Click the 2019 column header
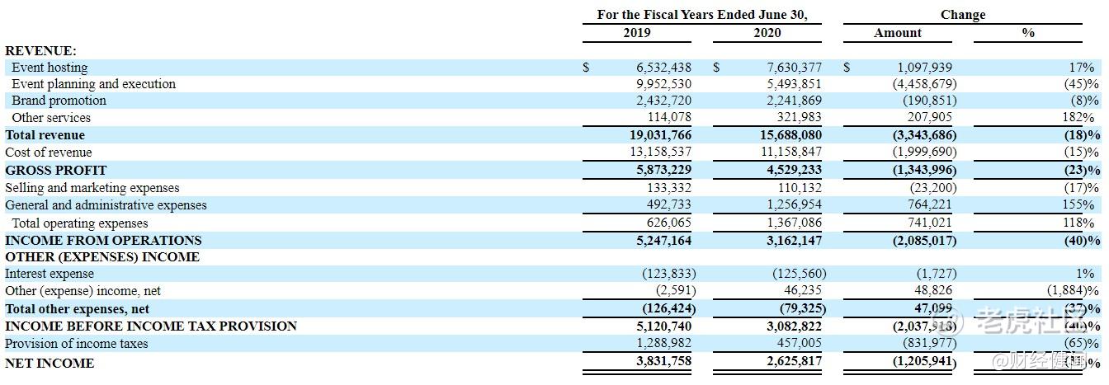pos(636,33)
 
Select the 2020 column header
pos(767,33)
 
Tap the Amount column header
pos(898,33)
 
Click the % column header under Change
pos(1028,33)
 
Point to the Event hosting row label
pos(50,68)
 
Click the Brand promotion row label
pos(59,101)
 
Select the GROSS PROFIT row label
pos(56,170)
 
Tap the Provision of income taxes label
pos(77,343)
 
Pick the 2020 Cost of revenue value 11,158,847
pos(789,153)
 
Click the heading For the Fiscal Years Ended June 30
pos(701,15)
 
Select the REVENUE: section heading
pos(40,51)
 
